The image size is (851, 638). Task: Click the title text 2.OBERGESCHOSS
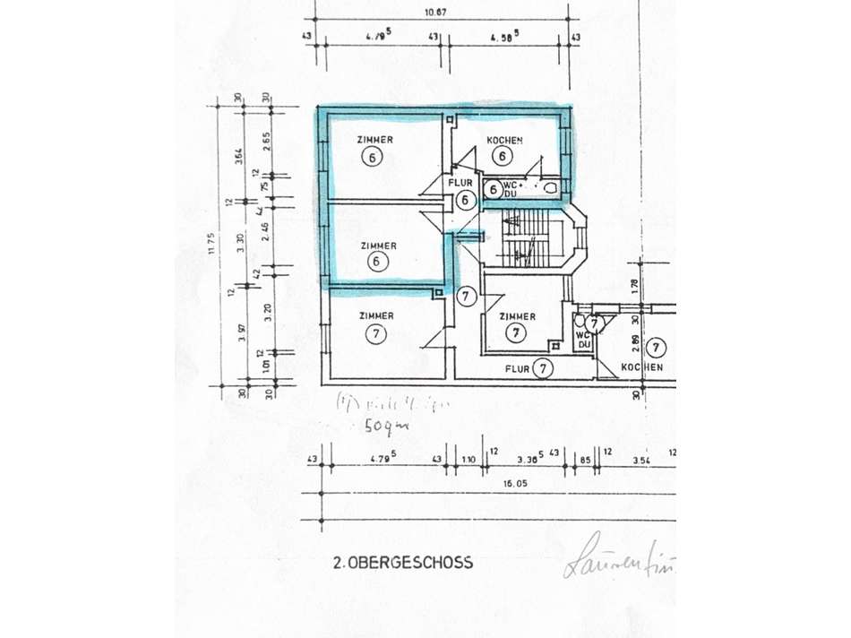pos(402,563)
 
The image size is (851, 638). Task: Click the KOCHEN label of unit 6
pos(504,141)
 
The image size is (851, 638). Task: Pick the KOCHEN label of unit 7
pos(642,367)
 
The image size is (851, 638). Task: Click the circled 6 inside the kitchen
pos(503,156)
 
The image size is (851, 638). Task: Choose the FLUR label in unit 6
pos(460,183)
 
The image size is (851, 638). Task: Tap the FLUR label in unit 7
pos(517,367)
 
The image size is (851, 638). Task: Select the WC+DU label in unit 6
pos(511,189)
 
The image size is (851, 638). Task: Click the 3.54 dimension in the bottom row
pos(640,461)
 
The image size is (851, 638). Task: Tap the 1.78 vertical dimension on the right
pos(635,286)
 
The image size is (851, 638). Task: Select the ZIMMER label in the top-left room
pos(375,140)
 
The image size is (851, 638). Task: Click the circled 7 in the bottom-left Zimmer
pos(375,334)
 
